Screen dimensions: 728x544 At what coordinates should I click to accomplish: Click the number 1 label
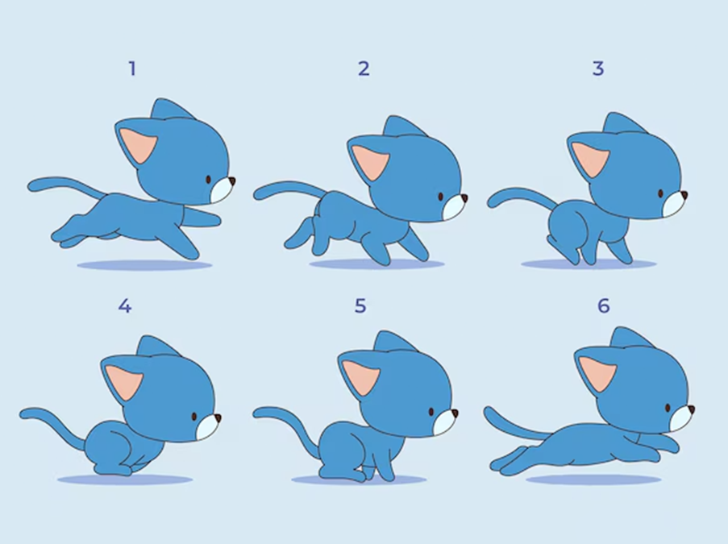pyautogui.click(x=132, y=69)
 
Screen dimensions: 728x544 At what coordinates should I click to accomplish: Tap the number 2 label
pyautogui.click(x=364, y=69)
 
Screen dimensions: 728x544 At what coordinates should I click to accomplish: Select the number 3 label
pyautogui.click(x=598, y=69)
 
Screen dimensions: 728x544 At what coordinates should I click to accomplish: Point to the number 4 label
pyautogui.click(x=124, y=306)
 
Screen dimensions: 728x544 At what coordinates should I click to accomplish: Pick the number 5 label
pyautogui.click(x=360, y=306)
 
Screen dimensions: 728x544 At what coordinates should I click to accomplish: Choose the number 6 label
pyautogui.click(x=603, y=306)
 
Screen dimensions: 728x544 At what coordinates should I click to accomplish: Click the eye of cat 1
pyautogui.click(x=208, y=180)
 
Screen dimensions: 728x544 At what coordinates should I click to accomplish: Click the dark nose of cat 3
pyautogui.click(x=684, y=195)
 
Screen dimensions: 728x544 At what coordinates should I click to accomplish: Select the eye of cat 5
pyautogui.click(x=431, y=412)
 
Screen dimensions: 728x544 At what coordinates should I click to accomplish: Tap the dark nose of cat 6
pyautogui.click(x=692, y=410)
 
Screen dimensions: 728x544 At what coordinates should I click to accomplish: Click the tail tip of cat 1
pyautogui.click(x=31, y=186)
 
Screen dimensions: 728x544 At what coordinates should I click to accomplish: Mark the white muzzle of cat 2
pyautogui.click(x=453, y=207)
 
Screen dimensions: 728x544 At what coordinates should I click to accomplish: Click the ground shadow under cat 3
pyautogui.click(x=589, y=264)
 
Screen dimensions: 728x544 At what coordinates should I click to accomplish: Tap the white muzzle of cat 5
pyautogui.click(x=444, y=421)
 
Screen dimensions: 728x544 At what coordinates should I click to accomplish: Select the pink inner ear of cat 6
pyautogui.click(x=597, y=374)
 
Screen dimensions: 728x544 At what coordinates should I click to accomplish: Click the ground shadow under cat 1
pyautogui.click(x=144, y=265)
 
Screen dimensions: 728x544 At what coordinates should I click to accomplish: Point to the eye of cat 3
pyautogui.click(x=660, y=193)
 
